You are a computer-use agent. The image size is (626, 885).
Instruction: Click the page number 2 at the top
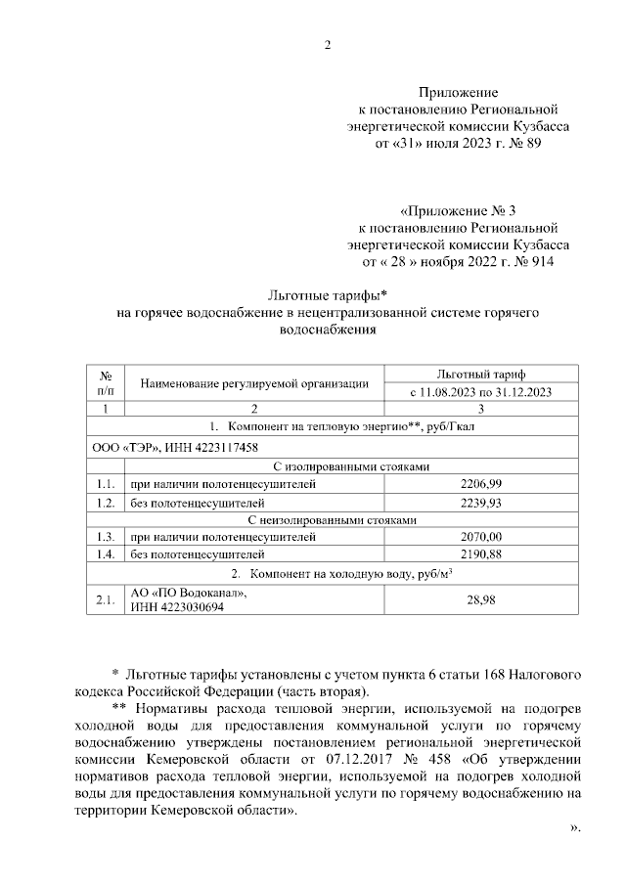pyautogui.click(x=328, y=43)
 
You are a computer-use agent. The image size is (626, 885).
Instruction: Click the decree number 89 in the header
pyautogui.click(x=531, y=143)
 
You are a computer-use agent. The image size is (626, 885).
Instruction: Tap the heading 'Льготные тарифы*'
pyautogui.click(x=328, y=295)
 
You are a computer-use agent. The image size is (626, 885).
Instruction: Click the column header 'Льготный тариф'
pyautogui.click(x=480, y=375)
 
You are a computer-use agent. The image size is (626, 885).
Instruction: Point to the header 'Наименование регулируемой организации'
pyautogui.click(x=254, y=383)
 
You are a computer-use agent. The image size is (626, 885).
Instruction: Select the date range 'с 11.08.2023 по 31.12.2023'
pyautogui.click(x=480, y=392)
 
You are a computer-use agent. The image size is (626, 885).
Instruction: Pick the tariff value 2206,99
pyautogui.click(x=480, y=484)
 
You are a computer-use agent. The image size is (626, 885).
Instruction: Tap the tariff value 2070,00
pyautogui.click(x=480, y=537)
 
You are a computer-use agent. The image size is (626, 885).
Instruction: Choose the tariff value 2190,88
pyautogui.click(x=480, y=554)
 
